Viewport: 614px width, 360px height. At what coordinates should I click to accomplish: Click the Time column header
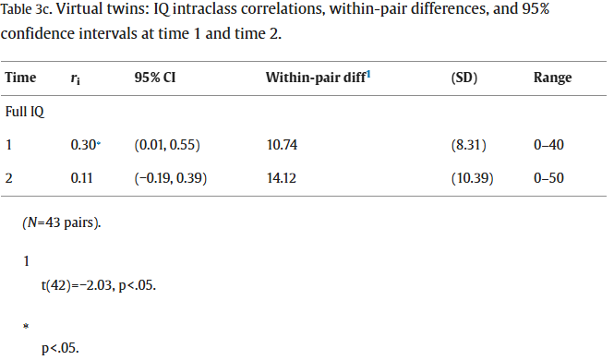pyautogui.click(x=20, y=78)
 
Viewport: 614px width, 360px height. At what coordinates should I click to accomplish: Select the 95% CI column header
pyautogui.click(x=155, y=78)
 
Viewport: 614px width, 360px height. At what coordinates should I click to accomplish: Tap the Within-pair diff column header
pyautogui.click(x=316, y=78)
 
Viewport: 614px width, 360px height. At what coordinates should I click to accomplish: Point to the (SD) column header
pyautogui.click(x=464, y=78)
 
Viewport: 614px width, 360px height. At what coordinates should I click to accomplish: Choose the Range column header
pyautogui.click(x=552, y=78)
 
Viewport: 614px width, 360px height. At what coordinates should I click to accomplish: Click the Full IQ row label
pyautogui.click(x=25, y=112)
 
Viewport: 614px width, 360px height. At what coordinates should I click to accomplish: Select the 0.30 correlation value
pyautogui.click(x=83, y=145)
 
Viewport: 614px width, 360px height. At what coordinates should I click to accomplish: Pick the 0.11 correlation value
pyautogui.click(x=81, y=178)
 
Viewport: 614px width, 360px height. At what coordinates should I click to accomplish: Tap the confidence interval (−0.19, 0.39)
pyautogui.click(x=170, y=178)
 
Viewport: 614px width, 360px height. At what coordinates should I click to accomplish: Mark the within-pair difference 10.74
pyautogui.click(x=282, y=145)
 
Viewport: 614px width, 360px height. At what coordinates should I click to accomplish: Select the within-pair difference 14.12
pyautogui.click(x=282, y=178)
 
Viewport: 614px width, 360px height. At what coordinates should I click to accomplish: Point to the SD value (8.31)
pyautogui.click(x=468, y=145)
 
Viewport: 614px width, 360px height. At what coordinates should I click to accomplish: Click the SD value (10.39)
pyautogui.click(x=472, y=178)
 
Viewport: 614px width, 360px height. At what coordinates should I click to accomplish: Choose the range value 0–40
pyautogui.click(x=548, y=145)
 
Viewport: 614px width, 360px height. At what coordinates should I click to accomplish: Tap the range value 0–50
pyautogui.click(x=548, y=178)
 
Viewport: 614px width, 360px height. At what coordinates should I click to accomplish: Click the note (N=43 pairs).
pyautogui.click(x=62, y=222)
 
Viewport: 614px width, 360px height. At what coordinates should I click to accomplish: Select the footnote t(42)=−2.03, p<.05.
pyautogui.click(x=98, y=285)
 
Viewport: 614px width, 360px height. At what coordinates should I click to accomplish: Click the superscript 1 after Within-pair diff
pyautogui.click(x=368, y=75)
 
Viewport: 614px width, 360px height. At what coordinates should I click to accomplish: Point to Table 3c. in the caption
pyautogui.click(x=26, y=9)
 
